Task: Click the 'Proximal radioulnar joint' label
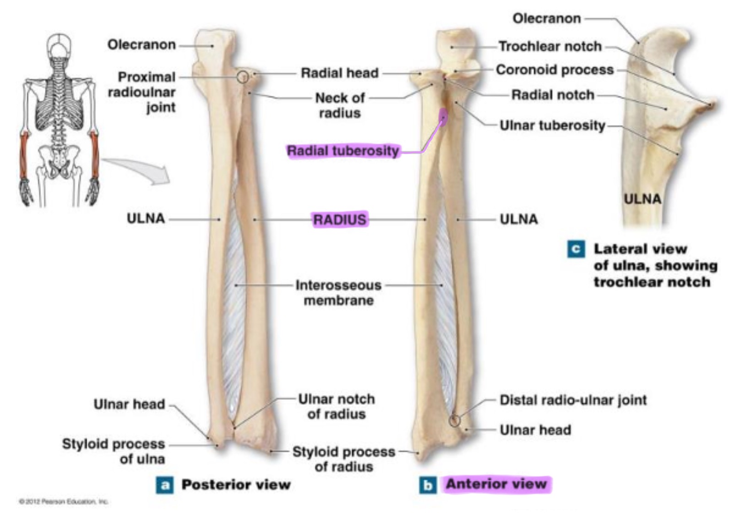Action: [142, 92]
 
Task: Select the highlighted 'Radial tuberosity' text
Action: [343, 151]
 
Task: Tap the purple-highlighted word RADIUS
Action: [340, 219]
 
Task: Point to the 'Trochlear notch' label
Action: [550, 46]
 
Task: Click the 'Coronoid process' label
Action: [555, 70]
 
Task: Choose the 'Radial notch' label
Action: [553, 95]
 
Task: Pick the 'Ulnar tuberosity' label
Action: [552, 125]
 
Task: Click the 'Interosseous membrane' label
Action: [338, 292]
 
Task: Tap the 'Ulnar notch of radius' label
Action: [337, 406]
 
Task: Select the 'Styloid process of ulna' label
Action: [114, 451]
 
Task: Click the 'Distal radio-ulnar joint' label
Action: [573, 400]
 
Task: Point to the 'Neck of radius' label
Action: [340, 105]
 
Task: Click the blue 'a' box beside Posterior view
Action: [165, 485]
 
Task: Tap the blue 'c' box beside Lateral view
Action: [576, 249]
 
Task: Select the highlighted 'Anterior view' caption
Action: [496, 484]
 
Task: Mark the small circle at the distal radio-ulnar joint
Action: [454, 420]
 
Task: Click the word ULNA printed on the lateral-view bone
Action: [642, 199]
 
